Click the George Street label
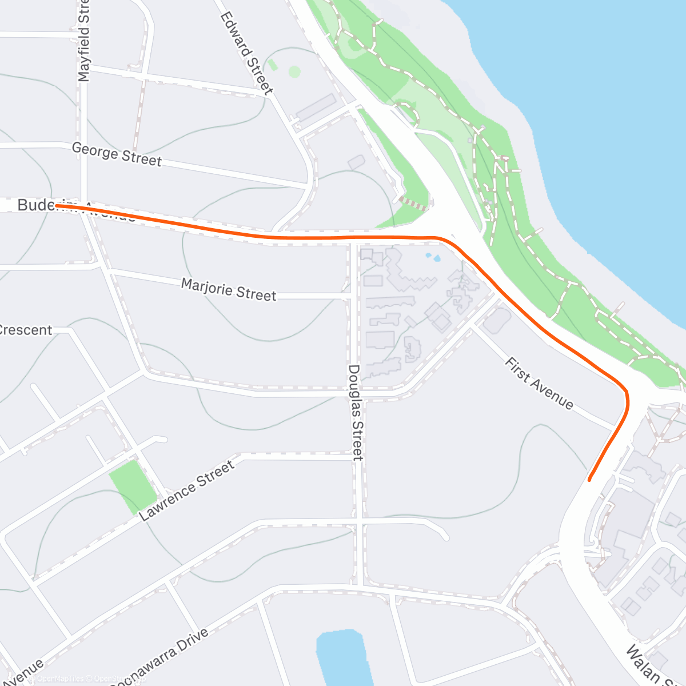coord(117,154)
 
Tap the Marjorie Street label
coord(229,289)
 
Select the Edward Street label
coord(246,53)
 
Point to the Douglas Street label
coord(356,412)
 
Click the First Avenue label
coord(539,384)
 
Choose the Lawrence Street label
coord(187,491)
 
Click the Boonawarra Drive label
coord(160,657)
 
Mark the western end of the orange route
coord(57,205)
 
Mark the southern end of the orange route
coord(589,480)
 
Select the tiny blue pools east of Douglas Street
coord(433,257)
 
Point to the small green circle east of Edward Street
coord(294,72)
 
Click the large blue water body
coord(600,114)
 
